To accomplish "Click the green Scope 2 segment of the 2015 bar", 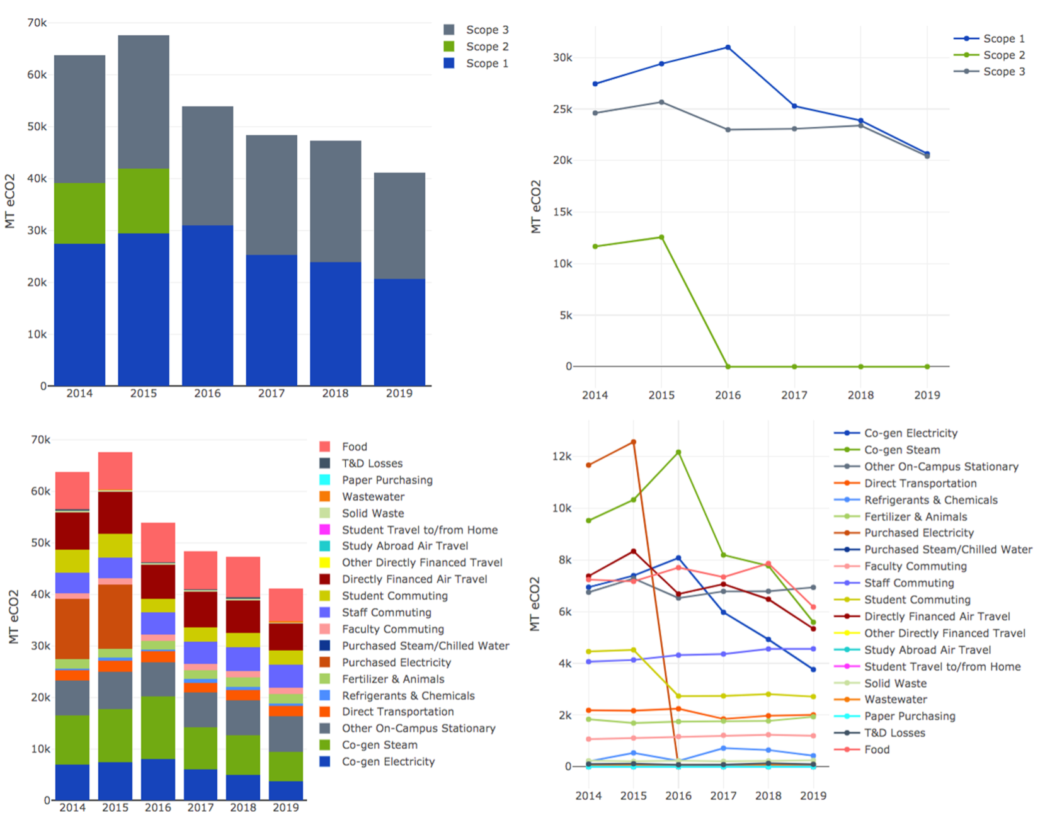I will point(144,201).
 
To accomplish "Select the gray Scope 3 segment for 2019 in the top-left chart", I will point(399,225).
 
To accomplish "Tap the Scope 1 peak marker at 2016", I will point(728,47).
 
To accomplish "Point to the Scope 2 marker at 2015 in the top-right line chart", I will point(661,237).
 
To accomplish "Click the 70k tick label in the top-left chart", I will point(37,23).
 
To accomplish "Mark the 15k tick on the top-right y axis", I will point(562,212).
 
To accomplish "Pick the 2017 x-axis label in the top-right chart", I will point(794,395).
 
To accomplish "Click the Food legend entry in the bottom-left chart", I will point(354,447).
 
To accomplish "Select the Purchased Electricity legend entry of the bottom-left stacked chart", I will point(396,663).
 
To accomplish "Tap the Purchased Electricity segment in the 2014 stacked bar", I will point(72,629).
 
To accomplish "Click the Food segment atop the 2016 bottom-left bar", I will point(158,542).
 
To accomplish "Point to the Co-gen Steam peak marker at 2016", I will point(678,452).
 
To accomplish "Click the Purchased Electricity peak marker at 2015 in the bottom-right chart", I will point(634,442).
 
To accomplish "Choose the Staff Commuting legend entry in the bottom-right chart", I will point(908,583).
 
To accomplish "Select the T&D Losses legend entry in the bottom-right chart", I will point(894,733).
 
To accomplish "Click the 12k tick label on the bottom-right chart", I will point(562,456).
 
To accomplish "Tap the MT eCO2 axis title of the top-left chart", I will point(10,202).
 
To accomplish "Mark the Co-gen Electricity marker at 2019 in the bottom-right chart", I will point(813,669).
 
